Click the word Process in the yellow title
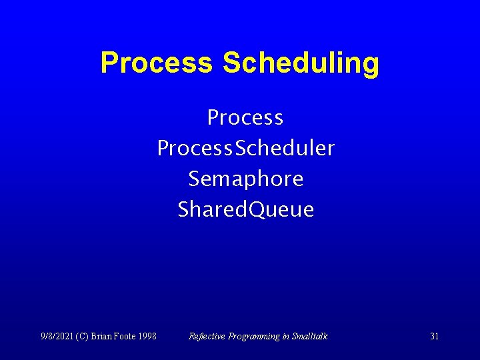point(156,63)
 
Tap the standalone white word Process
point(245,118)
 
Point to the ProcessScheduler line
point(245,149)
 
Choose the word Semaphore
point(245,179)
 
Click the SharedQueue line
point(245,210)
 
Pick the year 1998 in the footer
point(147,336)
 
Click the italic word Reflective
point(207,336)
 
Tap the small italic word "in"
point(285,336)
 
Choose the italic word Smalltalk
point(310,336)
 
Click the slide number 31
point(434,336)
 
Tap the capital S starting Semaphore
point(194,179)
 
